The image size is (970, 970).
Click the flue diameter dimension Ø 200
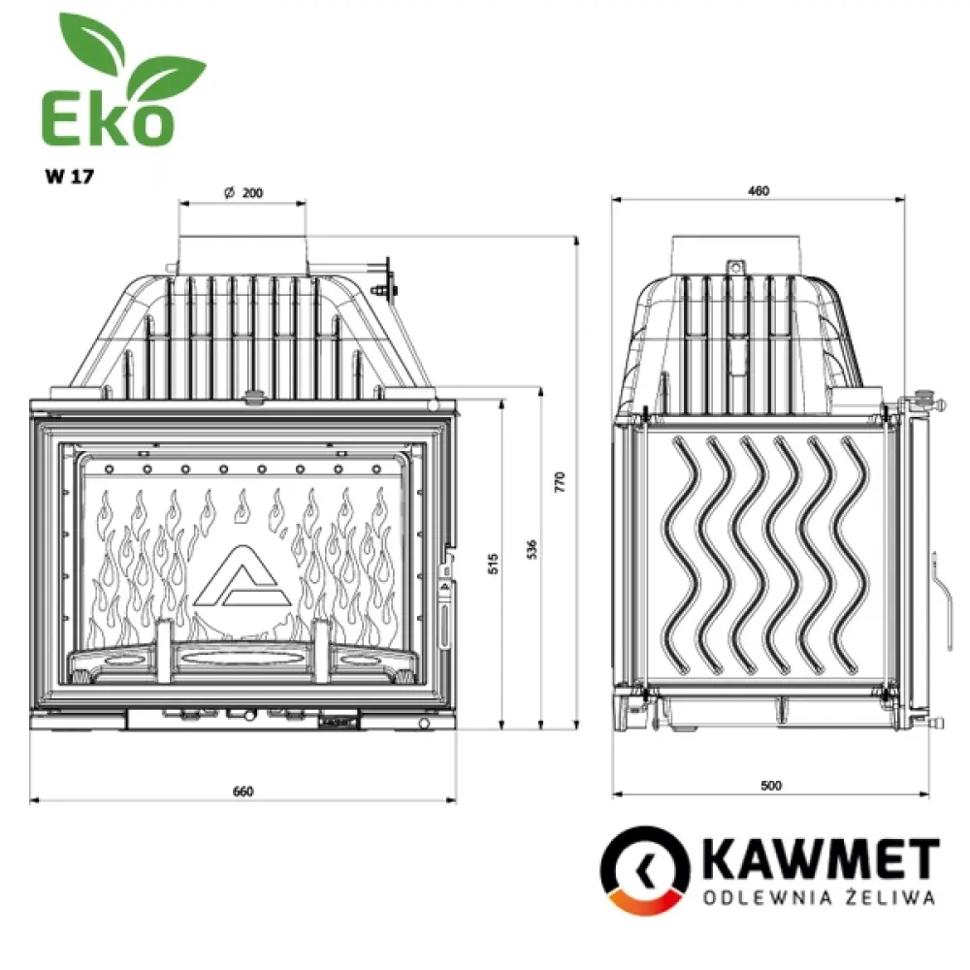click(x=243, y=193)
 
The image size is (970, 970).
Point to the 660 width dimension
click(x=242, y=791)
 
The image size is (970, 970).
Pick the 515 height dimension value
click(x=493, y=564)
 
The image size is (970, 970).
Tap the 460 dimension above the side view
click(x=759, y=191)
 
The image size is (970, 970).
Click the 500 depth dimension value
click(x=771, y=785)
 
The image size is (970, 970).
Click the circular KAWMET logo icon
click(x=644, y=869)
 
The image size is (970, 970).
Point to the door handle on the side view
click(x=938, y=582)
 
